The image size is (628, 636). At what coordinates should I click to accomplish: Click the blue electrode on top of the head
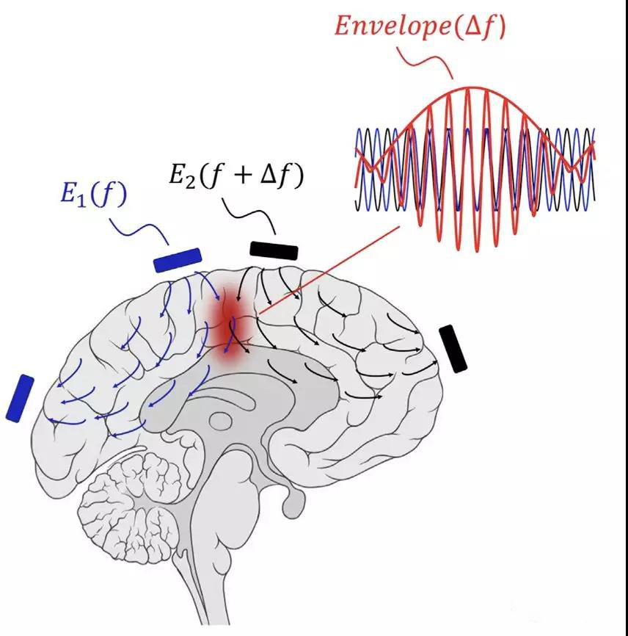tap(177, 260)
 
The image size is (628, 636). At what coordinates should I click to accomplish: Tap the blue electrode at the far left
tap(20, 398)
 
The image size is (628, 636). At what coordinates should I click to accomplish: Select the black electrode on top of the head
tap(274, 250)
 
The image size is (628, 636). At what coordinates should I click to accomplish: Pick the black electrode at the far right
tap(453, 348)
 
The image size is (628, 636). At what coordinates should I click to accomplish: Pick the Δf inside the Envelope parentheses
tap(481, 27)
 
